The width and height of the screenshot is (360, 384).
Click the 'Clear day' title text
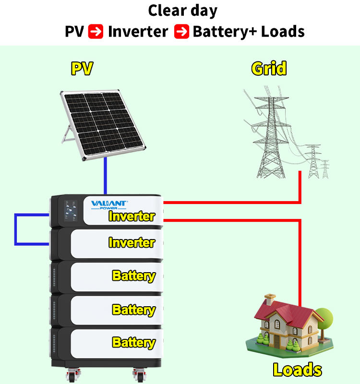(182, 11)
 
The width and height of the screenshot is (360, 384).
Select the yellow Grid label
(269, 69)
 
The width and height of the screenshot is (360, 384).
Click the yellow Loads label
(297, 369)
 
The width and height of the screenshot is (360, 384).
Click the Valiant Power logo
(109, 204)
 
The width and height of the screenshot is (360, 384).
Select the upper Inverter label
(132, 216)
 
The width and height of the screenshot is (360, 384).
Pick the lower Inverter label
(132, 242)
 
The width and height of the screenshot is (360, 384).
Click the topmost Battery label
(133, 276)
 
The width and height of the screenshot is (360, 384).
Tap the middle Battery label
(133, 310)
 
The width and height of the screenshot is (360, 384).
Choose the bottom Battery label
(133, 342)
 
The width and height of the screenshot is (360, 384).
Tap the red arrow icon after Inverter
(181, 32)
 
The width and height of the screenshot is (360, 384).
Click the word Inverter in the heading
(138, 32)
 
